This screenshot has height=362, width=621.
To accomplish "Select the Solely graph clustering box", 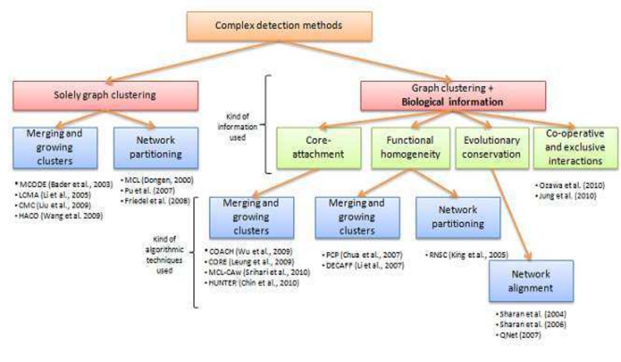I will coord(105,96).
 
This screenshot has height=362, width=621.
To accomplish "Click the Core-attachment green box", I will coord(319,148).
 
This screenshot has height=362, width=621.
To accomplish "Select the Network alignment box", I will coord(531,280).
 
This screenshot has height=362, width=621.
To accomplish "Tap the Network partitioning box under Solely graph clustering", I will coord(155,148).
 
